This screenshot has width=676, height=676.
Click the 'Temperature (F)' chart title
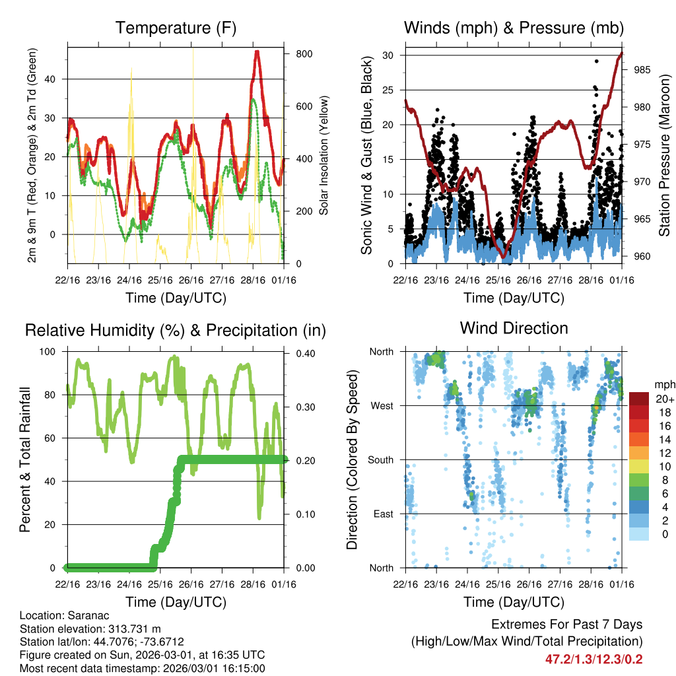click(176, 28)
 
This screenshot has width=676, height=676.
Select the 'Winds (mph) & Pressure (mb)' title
click(514, 28)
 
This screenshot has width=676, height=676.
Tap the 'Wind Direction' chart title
click(514, 327)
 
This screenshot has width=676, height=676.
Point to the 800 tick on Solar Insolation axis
click(304, 53)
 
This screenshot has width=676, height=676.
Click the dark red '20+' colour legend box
click(638, 399)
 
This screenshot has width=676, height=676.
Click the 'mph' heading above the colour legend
click(663, 384)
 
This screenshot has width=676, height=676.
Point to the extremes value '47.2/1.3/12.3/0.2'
click(593, 659)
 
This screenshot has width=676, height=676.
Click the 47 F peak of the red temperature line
click(257, 52)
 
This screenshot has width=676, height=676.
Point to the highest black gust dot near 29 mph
click(596, 61)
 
